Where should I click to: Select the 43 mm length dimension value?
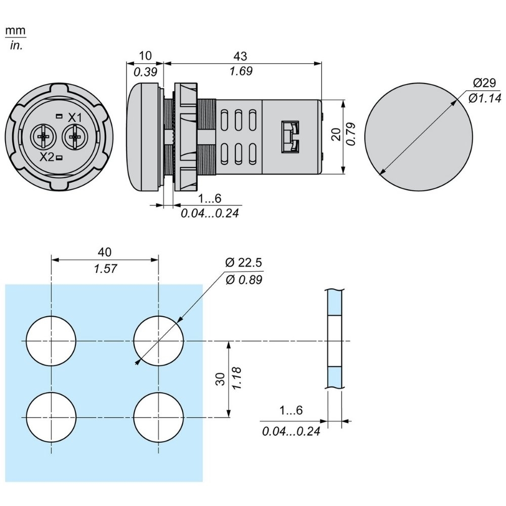tap(241, 56)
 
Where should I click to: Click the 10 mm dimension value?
tap(144, 56)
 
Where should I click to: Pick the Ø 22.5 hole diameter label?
tap(244, 263)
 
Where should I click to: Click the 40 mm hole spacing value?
tap(105, 251)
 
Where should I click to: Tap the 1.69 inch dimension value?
tap(241, 71)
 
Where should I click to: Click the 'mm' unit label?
tap(15, 31)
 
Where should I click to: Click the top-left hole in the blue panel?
tap(51, 341)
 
